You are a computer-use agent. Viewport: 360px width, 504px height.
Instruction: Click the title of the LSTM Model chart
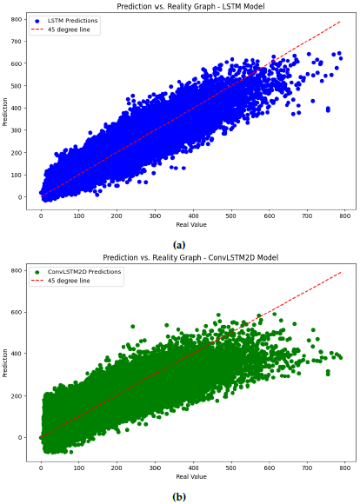click(185, 6)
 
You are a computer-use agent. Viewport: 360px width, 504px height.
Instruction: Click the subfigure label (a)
click(180, 244)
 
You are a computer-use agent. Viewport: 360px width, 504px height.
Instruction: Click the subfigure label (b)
click(180, 496)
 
